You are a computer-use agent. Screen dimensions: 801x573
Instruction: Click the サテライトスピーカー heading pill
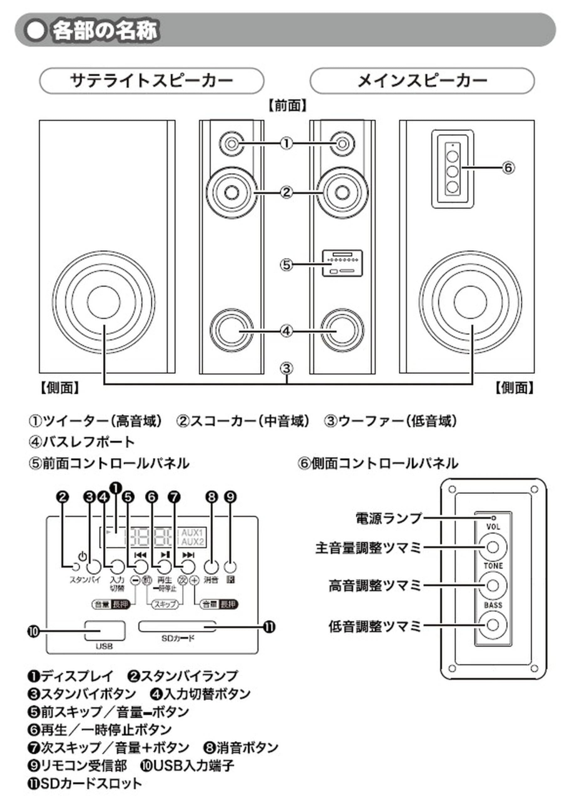(151, 81)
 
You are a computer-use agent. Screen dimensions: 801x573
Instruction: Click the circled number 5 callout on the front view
(287, 264)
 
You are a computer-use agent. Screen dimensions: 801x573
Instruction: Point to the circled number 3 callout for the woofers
(287, 369)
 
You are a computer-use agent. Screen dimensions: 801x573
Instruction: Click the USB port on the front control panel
(105, 631)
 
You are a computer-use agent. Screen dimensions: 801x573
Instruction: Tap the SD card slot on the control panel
(177, 627)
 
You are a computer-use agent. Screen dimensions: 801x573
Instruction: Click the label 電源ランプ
(388, 518)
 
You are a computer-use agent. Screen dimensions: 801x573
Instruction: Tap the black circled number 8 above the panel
(211, 497)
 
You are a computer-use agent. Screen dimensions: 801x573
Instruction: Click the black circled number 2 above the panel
(63, 497)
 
